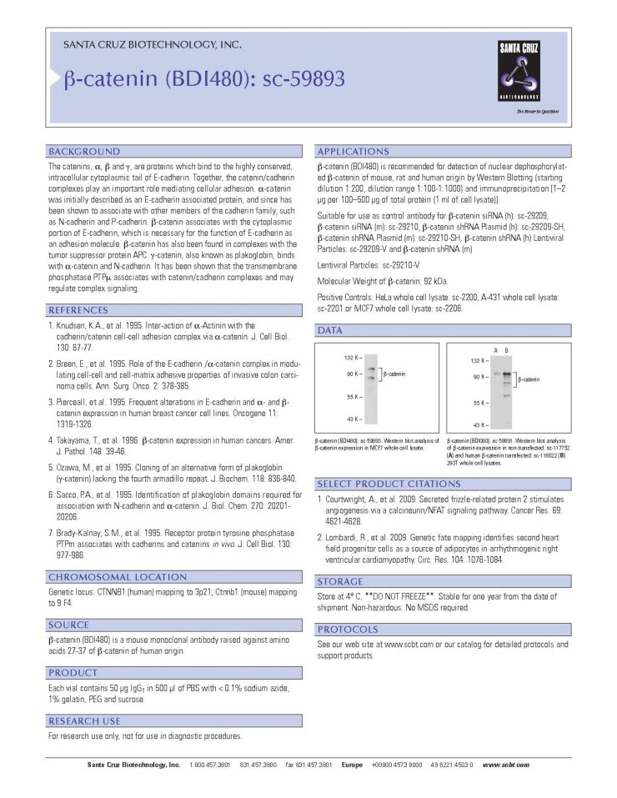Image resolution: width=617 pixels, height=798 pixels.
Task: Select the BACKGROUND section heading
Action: point(84,152)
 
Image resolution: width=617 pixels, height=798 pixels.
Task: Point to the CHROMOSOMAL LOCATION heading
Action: point(118,576)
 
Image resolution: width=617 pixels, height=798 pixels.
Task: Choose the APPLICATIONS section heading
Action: point(354,152)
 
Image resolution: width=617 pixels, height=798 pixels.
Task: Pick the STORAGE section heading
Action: point(341,581)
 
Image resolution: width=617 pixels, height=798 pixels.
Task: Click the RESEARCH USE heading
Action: point(85,720)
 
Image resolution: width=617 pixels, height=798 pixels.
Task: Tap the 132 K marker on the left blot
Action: point(352,357)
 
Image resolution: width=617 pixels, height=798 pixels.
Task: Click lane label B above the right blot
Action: point(506,349)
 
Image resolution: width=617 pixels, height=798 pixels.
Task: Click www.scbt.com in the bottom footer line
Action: point(505,765)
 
